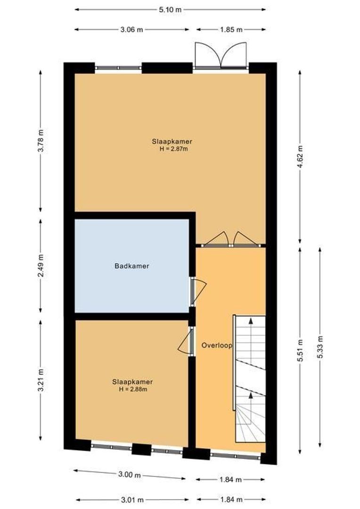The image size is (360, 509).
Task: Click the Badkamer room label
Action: pyautogui.click(x=132, y=266)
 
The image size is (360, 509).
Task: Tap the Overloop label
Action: pyautogui.click(x=217, y=345)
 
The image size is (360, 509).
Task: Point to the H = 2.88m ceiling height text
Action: pyautogui.click(x=132, y=389)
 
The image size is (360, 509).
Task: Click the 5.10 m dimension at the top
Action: pyautogui.click(x=170, y=9)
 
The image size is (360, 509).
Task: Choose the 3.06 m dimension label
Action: pyautogui.click(x=131, y=29)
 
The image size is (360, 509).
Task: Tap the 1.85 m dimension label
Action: pyautogui.click(x=231, y=29)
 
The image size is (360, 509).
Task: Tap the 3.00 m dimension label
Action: pyautogui.click(x=130, y=475)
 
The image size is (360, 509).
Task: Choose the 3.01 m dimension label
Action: pyautogui.click(x=132, y=500)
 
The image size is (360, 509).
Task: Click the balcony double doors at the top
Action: pyautogui.click(x=221, y=56)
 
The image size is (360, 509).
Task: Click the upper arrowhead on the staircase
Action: pyautogui.click(x=251, y=321)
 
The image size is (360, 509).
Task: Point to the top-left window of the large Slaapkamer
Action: pyautogui.click(x=118, y=68)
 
